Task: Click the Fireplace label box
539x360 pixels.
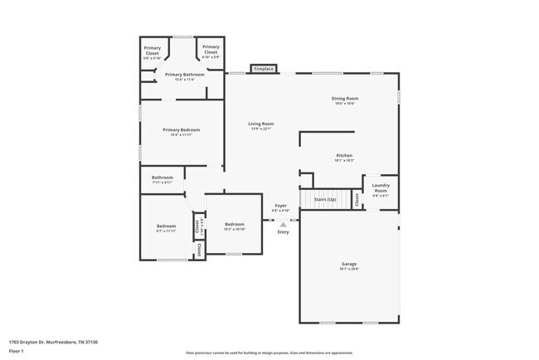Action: pyautogui.click(x=263, y=69)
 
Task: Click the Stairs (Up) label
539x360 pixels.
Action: pyautogui.click(x=324, y=199)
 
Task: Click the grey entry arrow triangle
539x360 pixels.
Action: pyautogui.click(x=284, y=223)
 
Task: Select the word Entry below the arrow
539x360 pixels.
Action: pyautogui.click(x=284, y=232)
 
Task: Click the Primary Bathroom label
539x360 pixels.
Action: pyautogui.click(x=182, y=75)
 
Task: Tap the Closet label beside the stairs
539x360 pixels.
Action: pyautogui.click(x=357, y=199)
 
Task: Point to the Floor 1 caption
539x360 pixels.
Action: pyautogui.click(x=16, y=350)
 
